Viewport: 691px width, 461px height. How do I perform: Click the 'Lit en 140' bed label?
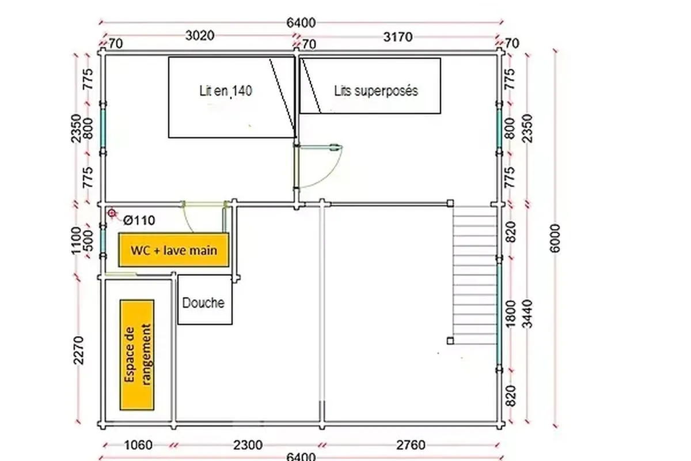[x=226, y=91]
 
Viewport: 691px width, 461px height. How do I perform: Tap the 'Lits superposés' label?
[x=376, y=91]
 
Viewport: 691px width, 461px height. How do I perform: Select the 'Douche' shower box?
[x=205, y=300]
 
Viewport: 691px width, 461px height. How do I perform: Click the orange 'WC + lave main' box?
[x=174, y=250]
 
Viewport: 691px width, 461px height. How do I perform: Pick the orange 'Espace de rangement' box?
[x=137, y=355]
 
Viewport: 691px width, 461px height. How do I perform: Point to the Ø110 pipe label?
[x=139, y=221]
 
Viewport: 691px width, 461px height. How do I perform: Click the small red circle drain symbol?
[x=112, y=213]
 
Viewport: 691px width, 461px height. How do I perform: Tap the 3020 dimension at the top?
[x=200, y=36]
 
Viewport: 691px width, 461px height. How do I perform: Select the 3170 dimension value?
[x=398, y=37]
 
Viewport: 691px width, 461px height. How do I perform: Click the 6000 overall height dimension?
[x=555, y=239]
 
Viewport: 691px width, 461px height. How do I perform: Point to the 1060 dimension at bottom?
[x=138, y=445]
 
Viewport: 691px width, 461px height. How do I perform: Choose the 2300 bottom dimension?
[x=248, y=445]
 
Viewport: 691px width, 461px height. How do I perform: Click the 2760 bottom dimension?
[x=411, y=445]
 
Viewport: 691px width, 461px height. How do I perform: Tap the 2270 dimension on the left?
[x=78, y=350]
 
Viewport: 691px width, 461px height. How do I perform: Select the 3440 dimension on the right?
[x=528, y=313]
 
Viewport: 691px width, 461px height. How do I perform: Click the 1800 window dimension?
[x=511, y=313]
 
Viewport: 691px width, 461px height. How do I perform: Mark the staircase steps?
[x=474, y=275]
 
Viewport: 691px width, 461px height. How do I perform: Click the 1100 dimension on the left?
[x=76, y=241]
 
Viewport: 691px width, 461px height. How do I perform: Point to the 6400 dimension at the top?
[x=301, y=22]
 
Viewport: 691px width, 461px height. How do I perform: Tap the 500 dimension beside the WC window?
[x=88, y=241]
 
